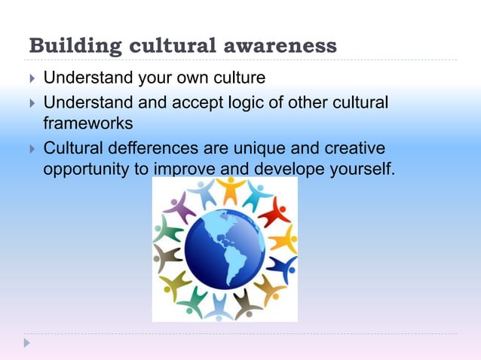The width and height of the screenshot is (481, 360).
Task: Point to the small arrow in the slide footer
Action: click(x=28, y=343)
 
